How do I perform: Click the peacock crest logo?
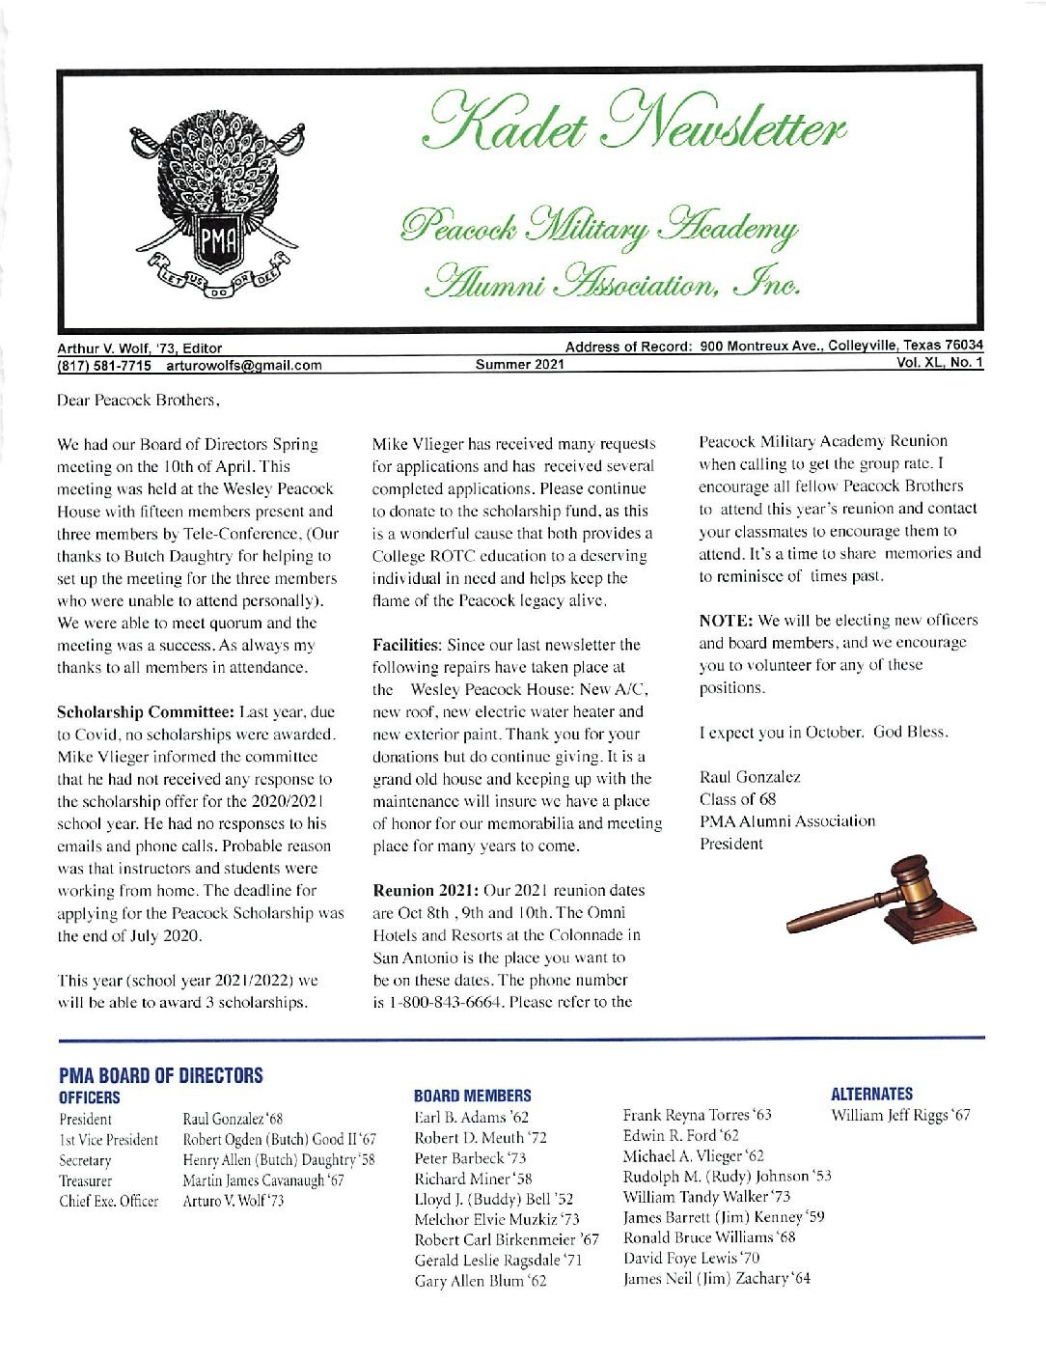point(217,202)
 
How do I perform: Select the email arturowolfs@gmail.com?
point(244,365)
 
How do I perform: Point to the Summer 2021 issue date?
point(520,365)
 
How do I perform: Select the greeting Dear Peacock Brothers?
point(139,400)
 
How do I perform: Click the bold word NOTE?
point(726,620)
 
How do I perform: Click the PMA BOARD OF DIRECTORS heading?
point(160,1075)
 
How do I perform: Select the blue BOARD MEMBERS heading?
point(472,1096)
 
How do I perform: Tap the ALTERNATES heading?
point(871,1094)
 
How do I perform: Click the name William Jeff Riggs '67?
point(900,1116)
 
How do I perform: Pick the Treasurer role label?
point(85,1180)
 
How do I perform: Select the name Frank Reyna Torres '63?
point(697,1116)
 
